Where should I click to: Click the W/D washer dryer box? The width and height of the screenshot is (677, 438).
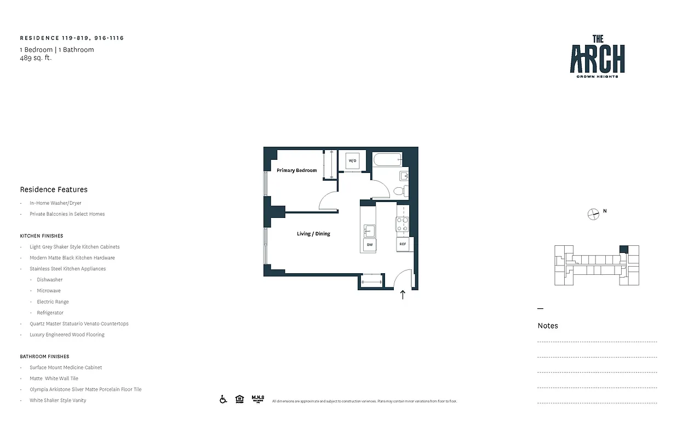352,160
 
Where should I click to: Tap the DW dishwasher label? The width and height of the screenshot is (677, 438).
370,245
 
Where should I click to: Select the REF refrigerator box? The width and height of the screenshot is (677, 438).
403,244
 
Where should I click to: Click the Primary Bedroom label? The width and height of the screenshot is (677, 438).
296,170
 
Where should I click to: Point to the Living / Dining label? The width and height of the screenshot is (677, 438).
313,234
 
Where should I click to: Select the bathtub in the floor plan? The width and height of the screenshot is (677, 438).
387,160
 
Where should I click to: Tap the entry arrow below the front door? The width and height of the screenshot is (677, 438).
403,295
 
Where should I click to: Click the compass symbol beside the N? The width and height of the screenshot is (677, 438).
593,214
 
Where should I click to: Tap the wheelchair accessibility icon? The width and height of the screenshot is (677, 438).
223,399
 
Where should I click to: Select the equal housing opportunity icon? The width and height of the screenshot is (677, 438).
239,399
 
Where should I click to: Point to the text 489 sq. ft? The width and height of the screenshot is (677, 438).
36,57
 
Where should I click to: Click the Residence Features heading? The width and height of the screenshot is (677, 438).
54,189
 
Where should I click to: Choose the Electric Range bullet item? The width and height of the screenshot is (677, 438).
53,302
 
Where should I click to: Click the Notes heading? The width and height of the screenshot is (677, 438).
548,326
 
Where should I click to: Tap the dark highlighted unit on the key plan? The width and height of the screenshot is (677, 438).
623,249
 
